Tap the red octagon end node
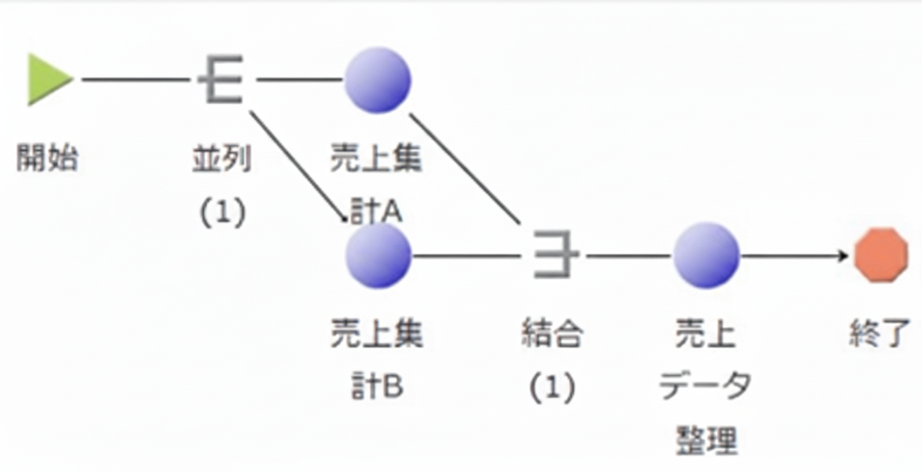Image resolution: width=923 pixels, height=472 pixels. (x=881, y=255)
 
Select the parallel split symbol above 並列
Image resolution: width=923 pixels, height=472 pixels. (x=220, y=80)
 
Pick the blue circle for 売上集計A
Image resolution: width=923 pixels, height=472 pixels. (x=377, y=80)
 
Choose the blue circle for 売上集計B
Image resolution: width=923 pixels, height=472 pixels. (x=378, y=255)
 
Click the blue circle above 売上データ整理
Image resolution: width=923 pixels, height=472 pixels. (x=706, y=255)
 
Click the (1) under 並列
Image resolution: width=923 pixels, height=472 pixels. (x=222, y=212)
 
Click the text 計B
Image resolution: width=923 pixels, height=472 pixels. (x=377, y=388)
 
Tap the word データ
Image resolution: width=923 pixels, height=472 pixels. (x=706, y=386)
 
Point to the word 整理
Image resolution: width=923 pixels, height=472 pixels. (x=706, y=440)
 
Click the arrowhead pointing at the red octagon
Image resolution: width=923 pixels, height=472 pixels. (x=844, y=256)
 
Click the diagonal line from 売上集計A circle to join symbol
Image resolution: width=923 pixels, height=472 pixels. (x=465, y=168)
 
